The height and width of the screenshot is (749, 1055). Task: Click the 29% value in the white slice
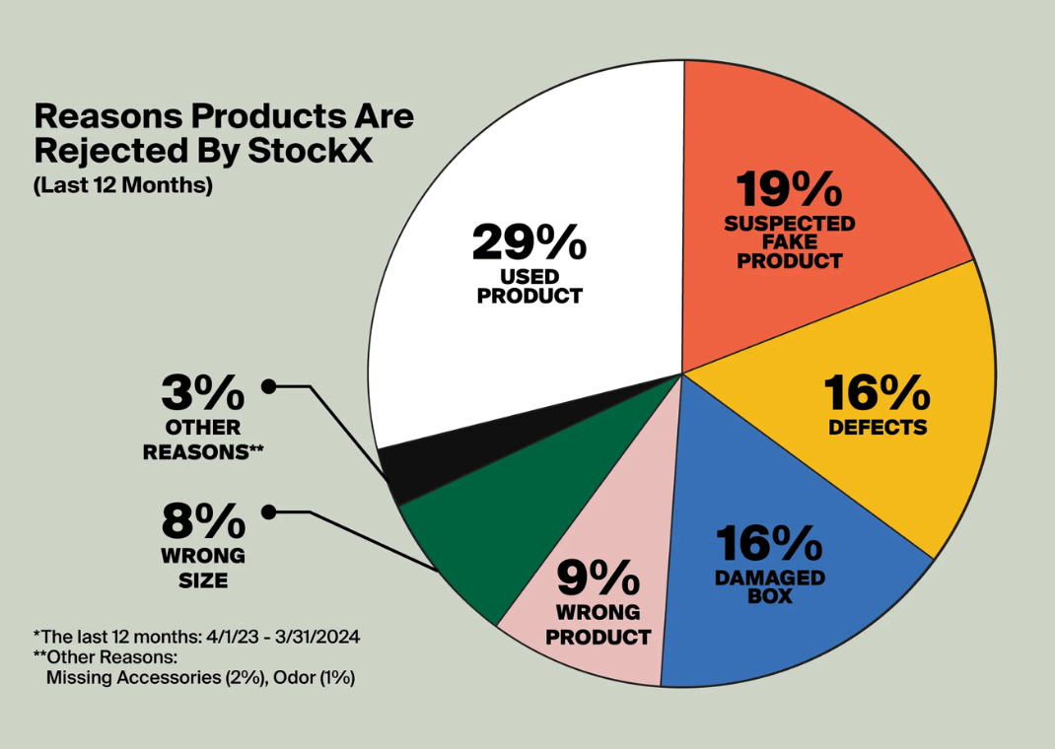coord(529,242)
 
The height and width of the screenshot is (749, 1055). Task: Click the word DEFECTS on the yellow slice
coord(878,427)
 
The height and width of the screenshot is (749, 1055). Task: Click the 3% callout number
coord(203,395)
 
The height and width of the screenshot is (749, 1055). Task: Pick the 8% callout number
coord(203,520)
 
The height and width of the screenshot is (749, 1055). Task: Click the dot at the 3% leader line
coord(267,386)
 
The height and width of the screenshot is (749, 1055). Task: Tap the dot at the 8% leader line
coord(267,511)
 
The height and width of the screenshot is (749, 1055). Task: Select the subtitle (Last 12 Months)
coord(123,185)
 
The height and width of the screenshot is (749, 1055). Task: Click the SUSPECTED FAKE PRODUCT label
coord(790,242)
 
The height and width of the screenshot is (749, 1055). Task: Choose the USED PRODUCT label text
coord(529,286)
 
